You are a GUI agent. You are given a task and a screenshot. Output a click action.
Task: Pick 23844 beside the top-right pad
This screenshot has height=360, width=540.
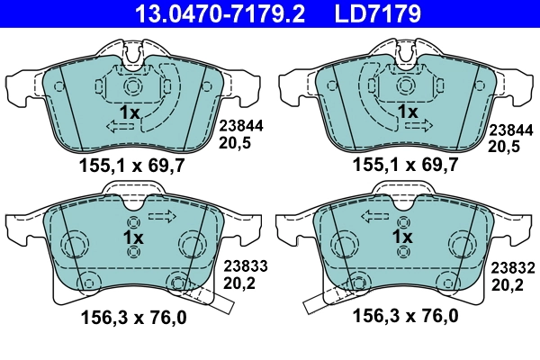click(x=509, y=128)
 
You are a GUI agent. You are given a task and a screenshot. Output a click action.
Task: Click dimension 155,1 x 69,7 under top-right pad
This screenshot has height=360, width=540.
click(x=406, y=165)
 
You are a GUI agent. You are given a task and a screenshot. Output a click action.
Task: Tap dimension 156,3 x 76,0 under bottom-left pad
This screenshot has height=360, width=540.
click(x=134, y=316)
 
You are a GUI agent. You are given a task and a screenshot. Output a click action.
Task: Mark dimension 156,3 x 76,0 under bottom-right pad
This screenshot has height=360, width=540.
click(x=406, y=316)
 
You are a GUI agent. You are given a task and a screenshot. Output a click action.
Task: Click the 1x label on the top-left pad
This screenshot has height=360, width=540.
click(x=129, y=112)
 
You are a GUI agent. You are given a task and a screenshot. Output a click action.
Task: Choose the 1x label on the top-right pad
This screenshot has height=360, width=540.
click(x=407, y=112)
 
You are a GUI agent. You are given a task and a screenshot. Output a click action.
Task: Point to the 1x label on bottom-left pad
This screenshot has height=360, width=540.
click(x=132, y=237)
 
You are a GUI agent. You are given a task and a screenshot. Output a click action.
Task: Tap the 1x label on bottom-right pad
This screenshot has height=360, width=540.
click(x=402, y=237)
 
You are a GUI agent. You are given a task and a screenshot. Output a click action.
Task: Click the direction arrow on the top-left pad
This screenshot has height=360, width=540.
click(x=119, y=130)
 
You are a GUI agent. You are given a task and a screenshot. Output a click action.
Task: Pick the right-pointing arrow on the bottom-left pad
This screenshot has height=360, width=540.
click(x=162, y=216)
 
